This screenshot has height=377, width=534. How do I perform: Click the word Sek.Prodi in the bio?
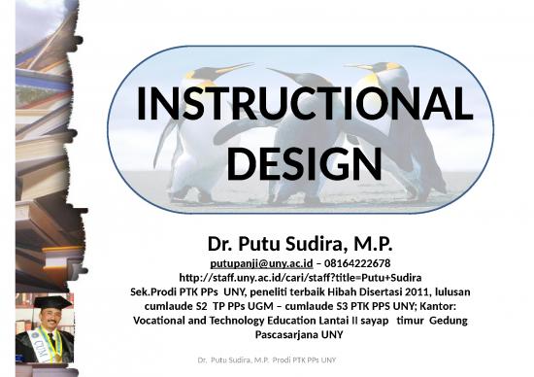155,291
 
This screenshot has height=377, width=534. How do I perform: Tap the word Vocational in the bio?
163,320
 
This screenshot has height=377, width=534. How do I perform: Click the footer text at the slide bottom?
267,361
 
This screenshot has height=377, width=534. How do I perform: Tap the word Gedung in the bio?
441,320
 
